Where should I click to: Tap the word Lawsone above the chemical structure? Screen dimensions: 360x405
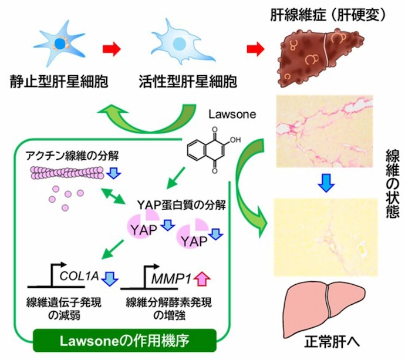(x=230, y=115)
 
